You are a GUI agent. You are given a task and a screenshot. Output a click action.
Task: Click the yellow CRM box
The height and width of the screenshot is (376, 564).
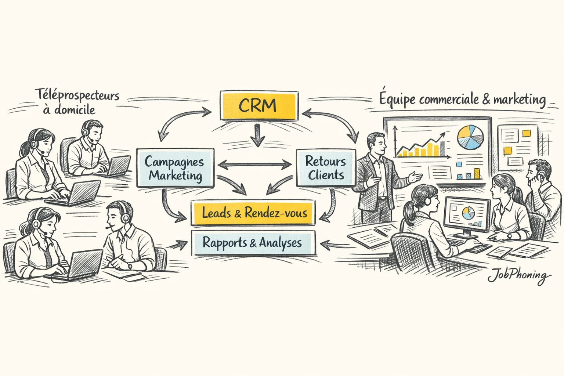(x=258, y=105)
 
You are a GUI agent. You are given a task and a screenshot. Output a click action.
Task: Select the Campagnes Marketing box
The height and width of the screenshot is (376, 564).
(x=175, y=168)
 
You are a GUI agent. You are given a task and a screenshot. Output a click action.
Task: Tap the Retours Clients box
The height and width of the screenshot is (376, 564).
(x=326, y=167)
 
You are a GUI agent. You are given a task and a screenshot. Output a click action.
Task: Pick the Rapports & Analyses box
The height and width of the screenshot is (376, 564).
(x=253, y=243)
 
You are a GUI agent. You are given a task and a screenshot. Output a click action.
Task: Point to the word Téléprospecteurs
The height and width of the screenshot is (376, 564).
(x=77, y=95)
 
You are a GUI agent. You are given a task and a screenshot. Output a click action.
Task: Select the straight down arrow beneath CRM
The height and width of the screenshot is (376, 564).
(x=257, y=135)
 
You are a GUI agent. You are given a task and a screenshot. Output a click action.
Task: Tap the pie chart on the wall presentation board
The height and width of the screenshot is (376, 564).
(x=470, y=137)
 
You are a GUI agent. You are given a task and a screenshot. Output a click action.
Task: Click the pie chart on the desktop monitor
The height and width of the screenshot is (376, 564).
(x=467, y=213)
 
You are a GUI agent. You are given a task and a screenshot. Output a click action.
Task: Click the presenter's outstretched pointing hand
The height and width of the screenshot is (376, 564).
(x=415, y=177)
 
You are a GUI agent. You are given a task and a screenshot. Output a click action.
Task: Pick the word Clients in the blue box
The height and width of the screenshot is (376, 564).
(x=326, y=175)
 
